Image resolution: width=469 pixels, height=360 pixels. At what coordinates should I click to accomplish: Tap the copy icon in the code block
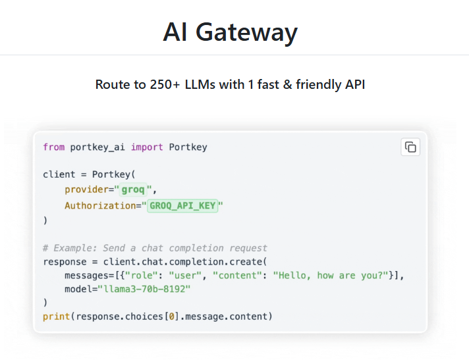pos(410,147)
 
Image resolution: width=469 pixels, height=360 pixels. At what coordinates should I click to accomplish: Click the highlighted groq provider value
pos(135,190)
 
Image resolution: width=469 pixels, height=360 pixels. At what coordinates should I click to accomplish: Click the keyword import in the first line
pos(147,147)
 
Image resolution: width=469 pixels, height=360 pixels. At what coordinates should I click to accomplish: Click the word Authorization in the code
pos(99,206)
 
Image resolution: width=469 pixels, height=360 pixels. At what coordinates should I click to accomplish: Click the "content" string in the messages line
pos(234,275)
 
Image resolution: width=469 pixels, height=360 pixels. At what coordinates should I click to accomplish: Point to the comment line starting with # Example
pos(155,248)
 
